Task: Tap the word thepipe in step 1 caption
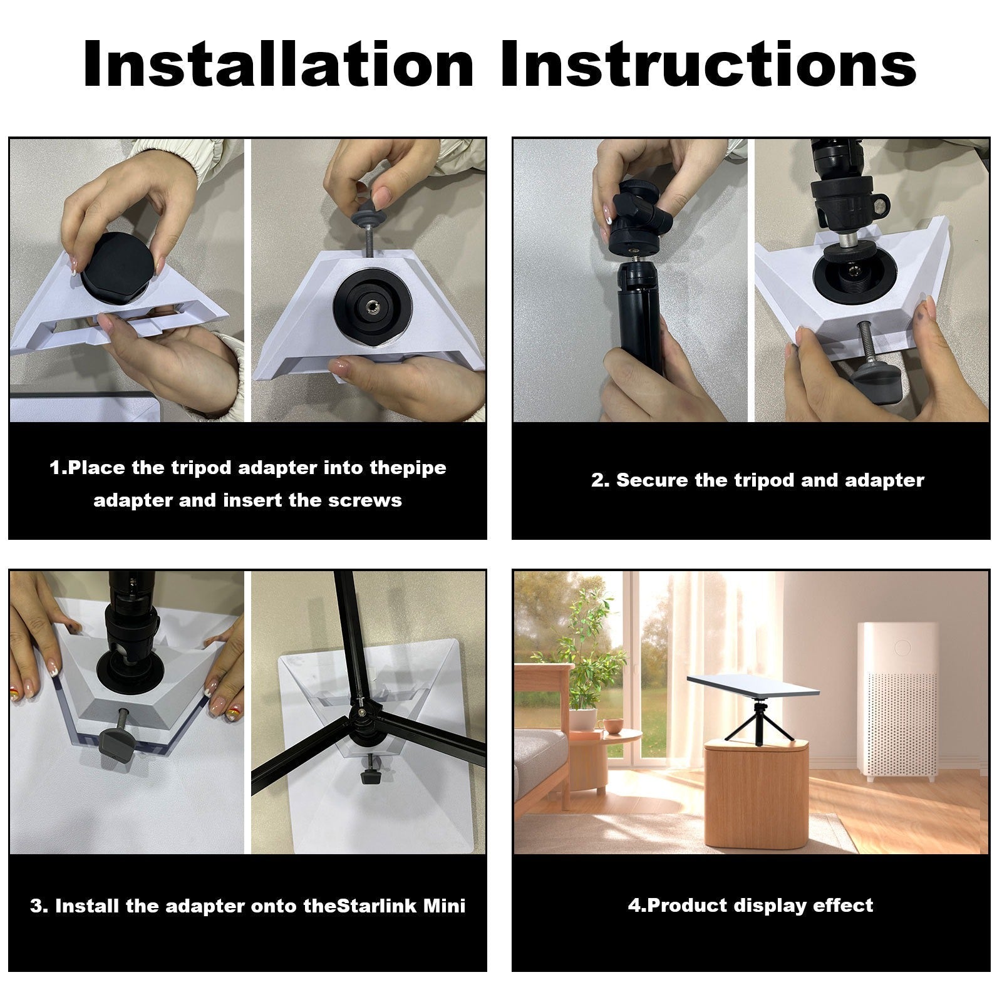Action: pos(408,468)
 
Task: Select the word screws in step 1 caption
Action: pos(368,500)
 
